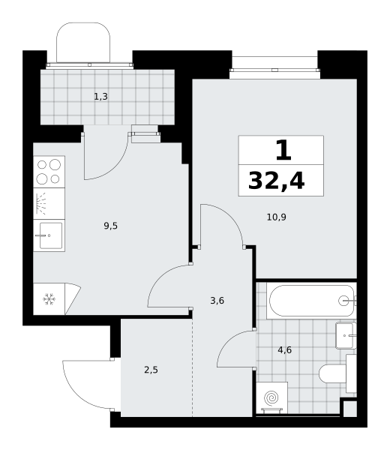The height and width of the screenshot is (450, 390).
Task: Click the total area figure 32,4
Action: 276,181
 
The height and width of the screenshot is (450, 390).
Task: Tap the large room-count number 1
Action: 283,150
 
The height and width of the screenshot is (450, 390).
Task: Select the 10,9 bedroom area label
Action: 276,217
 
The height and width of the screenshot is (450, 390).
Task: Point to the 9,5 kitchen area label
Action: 110,226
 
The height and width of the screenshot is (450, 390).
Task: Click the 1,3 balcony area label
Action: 100,97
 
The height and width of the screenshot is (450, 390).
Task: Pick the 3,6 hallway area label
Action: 217,301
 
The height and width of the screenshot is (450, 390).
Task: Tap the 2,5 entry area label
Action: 151,370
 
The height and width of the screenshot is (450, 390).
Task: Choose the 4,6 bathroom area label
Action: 285,349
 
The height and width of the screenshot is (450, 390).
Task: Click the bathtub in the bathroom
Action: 311,301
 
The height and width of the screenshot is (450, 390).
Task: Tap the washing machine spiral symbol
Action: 271,398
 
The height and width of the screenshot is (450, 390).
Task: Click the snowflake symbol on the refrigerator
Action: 49,299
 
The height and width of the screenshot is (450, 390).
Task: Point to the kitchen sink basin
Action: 51,235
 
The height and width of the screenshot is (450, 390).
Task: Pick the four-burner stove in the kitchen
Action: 49,172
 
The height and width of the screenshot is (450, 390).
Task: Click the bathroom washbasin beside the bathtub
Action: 346,335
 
